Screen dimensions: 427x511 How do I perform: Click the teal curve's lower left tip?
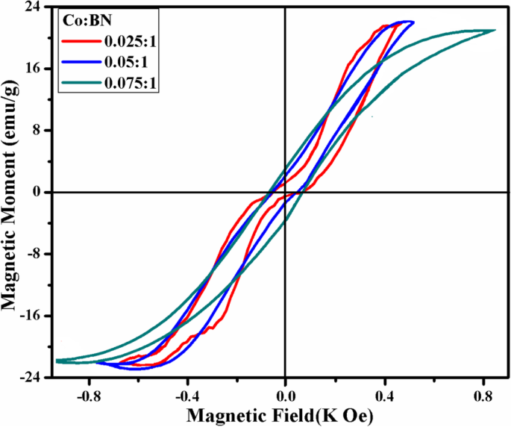coord(57,361)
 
